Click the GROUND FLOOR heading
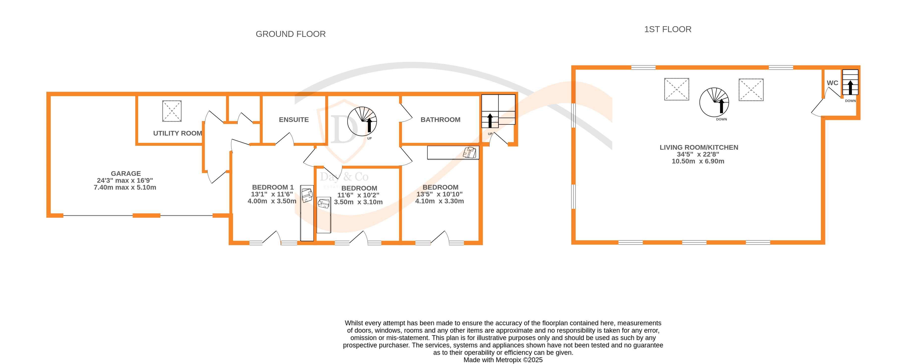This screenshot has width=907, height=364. click(290, 34)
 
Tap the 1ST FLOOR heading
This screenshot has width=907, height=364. click(668, 29)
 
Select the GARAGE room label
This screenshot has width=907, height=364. click(126, 173)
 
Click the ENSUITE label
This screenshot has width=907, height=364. click(294, 120)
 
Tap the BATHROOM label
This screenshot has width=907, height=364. click(440, 120)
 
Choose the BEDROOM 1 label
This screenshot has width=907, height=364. click(273, 187)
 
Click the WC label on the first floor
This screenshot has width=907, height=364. click(832, 83)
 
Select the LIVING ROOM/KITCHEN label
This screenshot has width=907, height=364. click(699, 147)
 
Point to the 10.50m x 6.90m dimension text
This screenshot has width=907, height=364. click(698, 161)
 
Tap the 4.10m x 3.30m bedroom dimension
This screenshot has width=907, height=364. click(439, 201)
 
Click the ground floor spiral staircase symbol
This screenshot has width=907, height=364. click(362, 121)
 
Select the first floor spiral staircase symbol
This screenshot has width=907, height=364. click(714, 102)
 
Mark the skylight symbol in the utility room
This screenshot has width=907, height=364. click(172, 111)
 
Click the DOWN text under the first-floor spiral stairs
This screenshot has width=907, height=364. click(721, 119)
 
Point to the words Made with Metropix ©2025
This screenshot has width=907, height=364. click(503, 360)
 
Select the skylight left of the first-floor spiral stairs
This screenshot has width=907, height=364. click(676, 89)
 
